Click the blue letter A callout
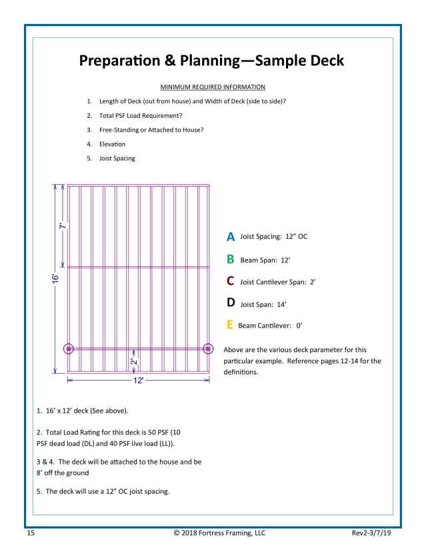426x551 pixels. click(231, 236)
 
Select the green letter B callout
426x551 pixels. click(231, 259)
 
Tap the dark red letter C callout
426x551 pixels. click(231, 281)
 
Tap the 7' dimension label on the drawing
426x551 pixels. click(61, 226)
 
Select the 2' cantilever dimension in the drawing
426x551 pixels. click(133, 361)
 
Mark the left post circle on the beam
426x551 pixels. click(67, 349)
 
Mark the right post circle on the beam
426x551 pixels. click(208, 349)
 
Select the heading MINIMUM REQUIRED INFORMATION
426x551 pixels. click(213, 87)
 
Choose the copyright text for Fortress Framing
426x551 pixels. click(213, 533)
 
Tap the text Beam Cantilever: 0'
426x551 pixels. click(270, 326)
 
